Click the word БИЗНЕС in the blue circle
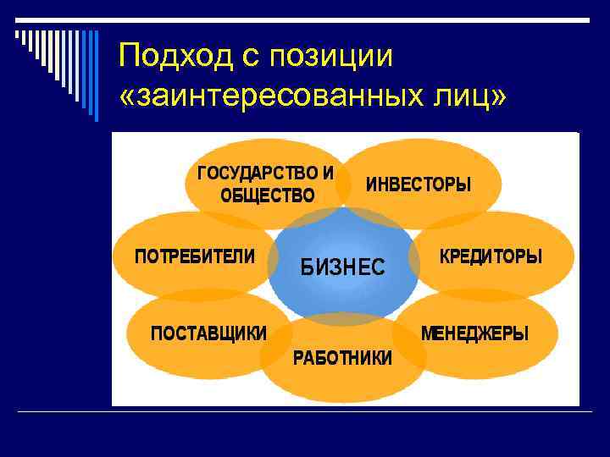point(343,268)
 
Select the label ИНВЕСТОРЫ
point(418,184)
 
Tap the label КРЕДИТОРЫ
point(491,256)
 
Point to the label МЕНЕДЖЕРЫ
point(474,333)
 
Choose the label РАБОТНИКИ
point(342,358)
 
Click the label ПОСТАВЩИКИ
point(208,333)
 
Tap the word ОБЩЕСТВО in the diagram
point(267,196)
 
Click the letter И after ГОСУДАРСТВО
point(328,173)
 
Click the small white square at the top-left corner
point(19,35)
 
